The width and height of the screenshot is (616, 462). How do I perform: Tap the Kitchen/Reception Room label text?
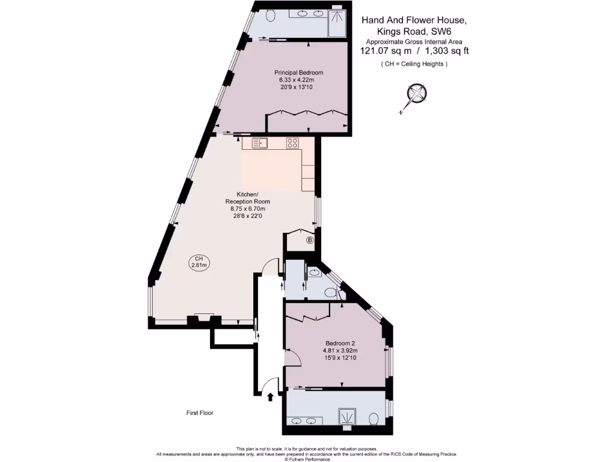pos(247,198)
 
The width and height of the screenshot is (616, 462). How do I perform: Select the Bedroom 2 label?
pos(341,343)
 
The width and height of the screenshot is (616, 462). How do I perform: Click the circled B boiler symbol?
pos(310,240)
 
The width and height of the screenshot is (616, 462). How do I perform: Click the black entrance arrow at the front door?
pos(269,396)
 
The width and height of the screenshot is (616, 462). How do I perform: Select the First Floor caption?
pos(200,413)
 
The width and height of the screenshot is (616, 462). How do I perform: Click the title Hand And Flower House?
pos(413,20)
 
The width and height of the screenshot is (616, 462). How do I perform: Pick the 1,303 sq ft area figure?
pos(446,51)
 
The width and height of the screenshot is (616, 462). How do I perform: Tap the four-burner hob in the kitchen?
pos(292,143)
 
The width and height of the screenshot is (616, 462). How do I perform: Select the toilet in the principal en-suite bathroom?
pos(269,15)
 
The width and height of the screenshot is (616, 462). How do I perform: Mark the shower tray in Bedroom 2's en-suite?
pos(347,417)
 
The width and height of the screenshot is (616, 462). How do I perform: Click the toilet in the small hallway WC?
pos(330,293)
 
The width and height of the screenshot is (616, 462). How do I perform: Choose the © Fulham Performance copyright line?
pos(307,459)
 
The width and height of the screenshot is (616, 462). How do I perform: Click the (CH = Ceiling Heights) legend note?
pos(414,64)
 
